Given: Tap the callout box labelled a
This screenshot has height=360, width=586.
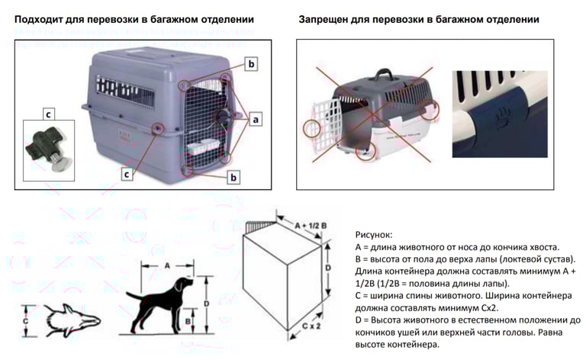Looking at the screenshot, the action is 256,119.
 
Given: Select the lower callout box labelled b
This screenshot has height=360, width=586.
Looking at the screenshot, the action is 233,178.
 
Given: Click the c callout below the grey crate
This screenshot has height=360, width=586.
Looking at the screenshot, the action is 127,173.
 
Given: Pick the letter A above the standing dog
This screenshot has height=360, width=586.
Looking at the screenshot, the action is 166,266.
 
